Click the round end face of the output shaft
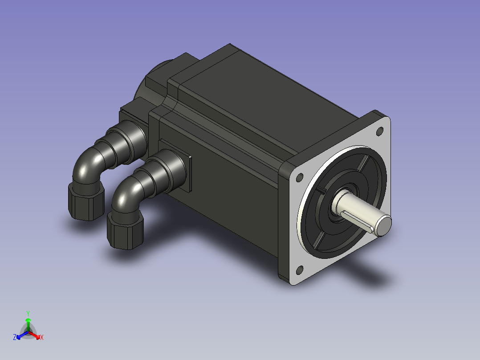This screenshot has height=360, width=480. (x=383, y=225)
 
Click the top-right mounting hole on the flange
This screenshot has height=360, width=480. (x=379, y=131)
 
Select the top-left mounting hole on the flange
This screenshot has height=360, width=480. (x=300, y=177)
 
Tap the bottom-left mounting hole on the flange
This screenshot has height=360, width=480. (x=300, y=270)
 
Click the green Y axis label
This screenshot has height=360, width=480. (x=28, y=313)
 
